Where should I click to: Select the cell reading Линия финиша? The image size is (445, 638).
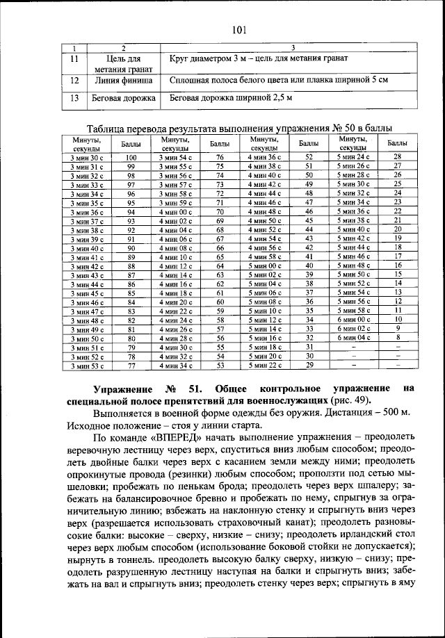click(x=123, y=81)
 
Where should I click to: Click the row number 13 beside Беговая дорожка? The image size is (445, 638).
click(x=74, y=99)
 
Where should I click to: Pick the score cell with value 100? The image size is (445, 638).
click(x=131, y=158)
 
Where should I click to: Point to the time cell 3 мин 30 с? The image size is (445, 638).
click(x=86, y=158)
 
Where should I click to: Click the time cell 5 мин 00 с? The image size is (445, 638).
click(x=265, y=265)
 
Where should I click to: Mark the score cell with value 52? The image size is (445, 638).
click(x=309, y=158)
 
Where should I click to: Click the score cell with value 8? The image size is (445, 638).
click(x=398, y=337)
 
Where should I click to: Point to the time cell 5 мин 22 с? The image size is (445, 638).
click(x=265, y=364)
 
